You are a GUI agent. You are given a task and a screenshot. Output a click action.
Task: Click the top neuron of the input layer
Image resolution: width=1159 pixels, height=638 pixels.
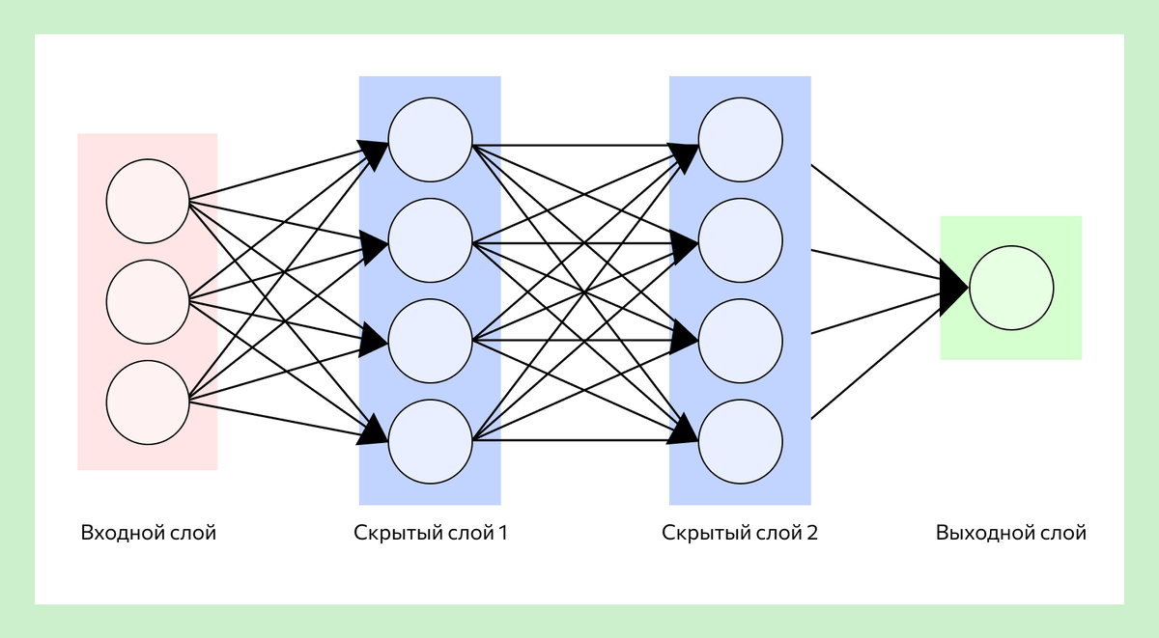point(148,201)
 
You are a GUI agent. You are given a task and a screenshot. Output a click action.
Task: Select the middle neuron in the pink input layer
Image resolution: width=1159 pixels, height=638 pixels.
point(148,302)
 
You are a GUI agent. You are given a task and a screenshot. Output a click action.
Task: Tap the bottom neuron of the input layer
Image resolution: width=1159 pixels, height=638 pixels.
point(148,402)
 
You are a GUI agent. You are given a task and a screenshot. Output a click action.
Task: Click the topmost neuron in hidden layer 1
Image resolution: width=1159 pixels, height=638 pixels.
point(431,140)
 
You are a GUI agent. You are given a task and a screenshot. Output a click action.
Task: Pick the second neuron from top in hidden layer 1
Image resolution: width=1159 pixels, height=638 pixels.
point(431,240)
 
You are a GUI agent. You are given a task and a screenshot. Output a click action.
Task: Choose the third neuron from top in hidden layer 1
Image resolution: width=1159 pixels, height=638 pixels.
point(431,341)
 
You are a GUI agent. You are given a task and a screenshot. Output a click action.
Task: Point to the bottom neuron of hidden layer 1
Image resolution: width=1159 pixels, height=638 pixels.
point(431,441)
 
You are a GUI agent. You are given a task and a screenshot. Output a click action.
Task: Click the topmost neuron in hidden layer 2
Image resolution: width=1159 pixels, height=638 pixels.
point(741,140)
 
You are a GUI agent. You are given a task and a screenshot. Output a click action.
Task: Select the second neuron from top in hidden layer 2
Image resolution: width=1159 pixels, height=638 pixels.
point(741,240)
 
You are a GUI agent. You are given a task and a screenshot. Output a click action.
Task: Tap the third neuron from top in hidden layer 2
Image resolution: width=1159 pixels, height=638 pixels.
point(741,341)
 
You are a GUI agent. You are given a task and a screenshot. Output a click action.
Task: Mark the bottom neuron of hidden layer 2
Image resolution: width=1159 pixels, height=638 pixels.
point(741,441)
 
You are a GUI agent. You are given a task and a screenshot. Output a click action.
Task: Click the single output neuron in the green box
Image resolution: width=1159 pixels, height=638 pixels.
point(1011,288)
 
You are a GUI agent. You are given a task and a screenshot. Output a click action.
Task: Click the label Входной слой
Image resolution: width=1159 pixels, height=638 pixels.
point(149,533)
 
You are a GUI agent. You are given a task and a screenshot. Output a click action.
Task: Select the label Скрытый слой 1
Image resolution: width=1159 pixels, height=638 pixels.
point(431,533)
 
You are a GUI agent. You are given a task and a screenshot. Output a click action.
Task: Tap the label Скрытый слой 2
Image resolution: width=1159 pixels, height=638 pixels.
point(740,533)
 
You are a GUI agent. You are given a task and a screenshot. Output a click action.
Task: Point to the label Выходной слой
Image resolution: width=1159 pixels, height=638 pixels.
point(1011,533)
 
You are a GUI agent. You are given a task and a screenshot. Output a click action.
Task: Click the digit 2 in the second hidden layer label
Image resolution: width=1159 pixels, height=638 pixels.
point(812,533)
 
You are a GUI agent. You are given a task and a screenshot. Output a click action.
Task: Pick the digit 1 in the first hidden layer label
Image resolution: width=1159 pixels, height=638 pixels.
point(503,533)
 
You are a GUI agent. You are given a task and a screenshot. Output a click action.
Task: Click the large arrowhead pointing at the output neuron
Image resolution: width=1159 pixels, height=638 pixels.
point(953,288)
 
